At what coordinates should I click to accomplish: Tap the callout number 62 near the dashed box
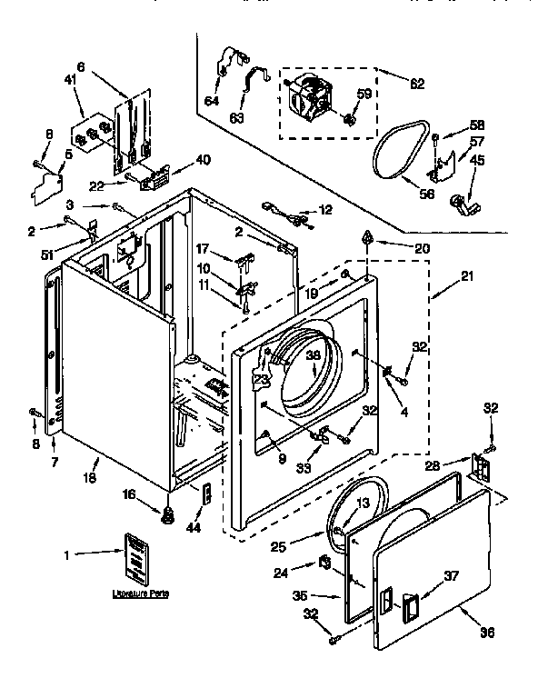coord(417,85)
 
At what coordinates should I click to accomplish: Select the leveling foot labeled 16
coord(167,519)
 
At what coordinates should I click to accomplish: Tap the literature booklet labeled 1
coord(136,556)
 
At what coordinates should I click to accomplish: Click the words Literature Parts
coord(140,593)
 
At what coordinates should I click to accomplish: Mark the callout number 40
coord(203,160)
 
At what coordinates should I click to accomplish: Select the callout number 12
coord(325,211)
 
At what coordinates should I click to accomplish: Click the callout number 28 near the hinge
coord(433,466)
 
